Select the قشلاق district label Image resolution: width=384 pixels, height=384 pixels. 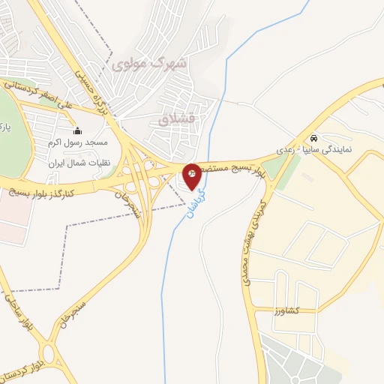pos(175,118)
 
